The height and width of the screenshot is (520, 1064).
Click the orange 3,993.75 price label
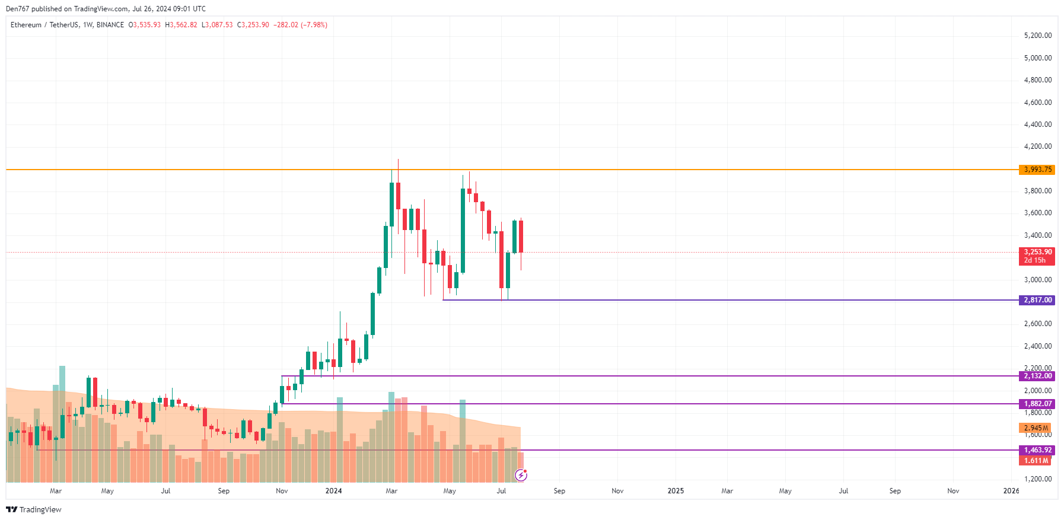(x=1037, y=170)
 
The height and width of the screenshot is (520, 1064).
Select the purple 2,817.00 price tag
(x=1037, y=300)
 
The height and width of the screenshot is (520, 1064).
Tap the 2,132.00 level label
(x=1037, y=376)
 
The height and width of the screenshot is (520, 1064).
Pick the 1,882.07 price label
(x=1037, y=404)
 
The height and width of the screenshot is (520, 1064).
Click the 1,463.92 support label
(x=1037, y=450)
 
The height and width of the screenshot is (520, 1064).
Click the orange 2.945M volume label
(x=1035, y=428)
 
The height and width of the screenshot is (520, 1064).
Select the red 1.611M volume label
(x=1035, y=461)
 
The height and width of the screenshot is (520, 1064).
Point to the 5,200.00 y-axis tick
(x=1037, y=36)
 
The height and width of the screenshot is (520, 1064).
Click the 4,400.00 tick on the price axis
(x=1037, y=125)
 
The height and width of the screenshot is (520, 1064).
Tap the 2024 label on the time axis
(x=333, y=491)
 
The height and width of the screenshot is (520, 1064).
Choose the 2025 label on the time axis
(x=676, y=491)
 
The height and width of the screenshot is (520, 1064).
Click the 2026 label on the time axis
(x=1011, y=491)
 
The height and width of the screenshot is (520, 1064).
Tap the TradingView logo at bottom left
(x=34, y=510)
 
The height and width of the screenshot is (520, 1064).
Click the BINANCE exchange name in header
(x=110, y=25)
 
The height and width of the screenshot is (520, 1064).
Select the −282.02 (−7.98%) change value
(x=300, y=25)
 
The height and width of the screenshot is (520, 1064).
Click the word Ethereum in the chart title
(x=26, y=25)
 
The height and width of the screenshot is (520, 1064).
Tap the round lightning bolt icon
(x=521, y=475)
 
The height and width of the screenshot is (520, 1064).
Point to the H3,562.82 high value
(x=181, y=25)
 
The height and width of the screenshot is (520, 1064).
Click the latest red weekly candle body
(x=521, y=236)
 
